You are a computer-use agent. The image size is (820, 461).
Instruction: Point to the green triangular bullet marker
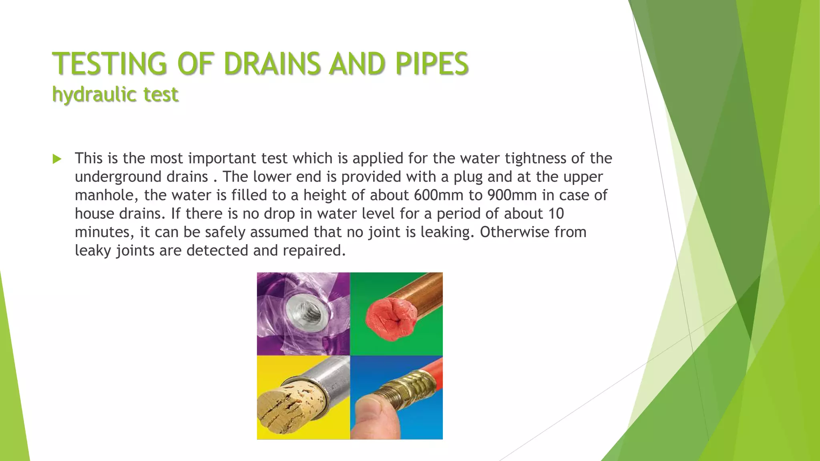[57, 159]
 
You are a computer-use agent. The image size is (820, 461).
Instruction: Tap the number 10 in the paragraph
[556, 214]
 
